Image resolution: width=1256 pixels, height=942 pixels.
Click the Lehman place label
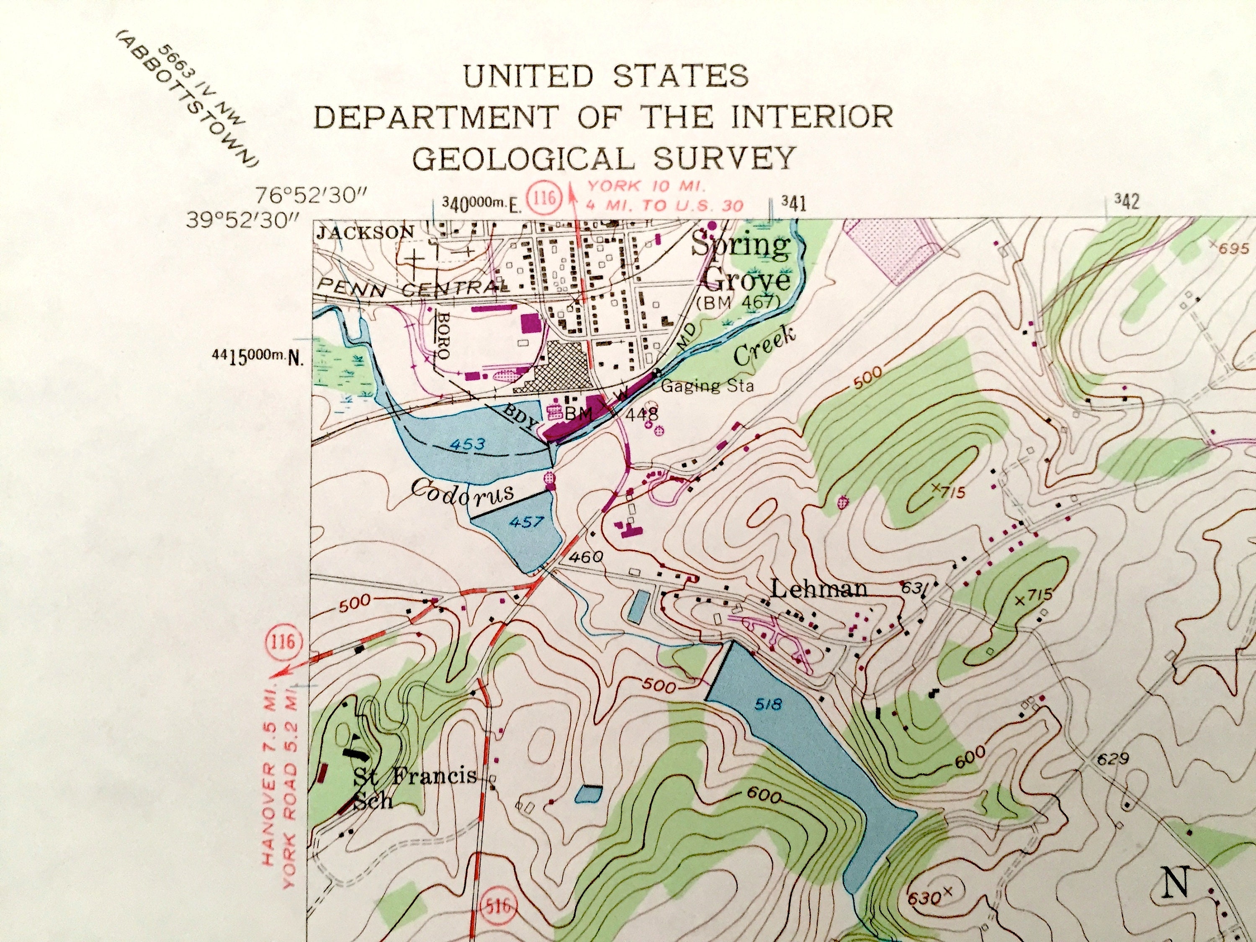[x=818, y=589]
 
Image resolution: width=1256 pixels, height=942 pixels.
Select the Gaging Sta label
[x=708, y=386]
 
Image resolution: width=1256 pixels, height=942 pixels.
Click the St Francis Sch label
[x=414, y=786]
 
